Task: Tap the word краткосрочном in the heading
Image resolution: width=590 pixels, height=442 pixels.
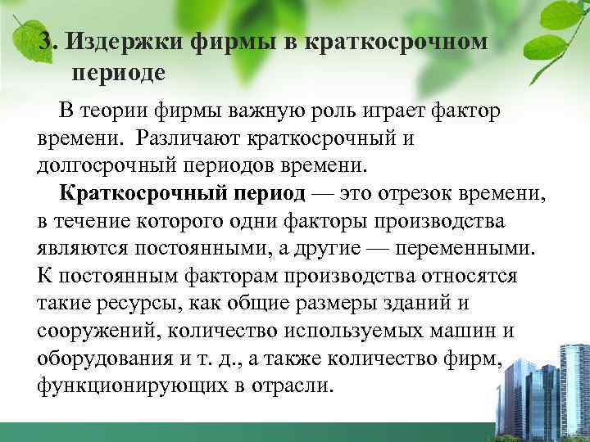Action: pos(394,42)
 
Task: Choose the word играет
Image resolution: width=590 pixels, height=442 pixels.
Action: pos(392,111)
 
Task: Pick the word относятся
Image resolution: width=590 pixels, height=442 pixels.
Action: pos(470,275)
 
